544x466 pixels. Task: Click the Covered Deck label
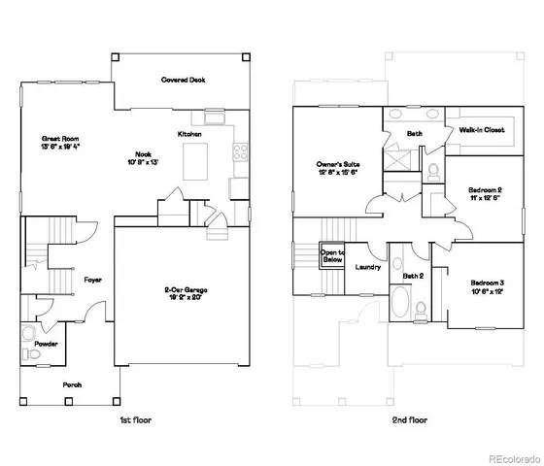tap(183, 81)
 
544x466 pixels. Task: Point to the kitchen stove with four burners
tap(239, 150)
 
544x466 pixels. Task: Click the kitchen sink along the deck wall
tap(215, 118)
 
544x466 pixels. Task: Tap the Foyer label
tap(92, 280)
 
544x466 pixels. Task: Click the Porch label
tap(73, 384)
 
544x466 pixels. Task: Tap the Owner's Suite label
tap(337, 168)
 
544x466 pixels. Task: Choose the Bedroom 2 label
tap(484, 193)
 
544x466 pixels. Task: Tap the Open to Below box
tap(332, 256)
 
